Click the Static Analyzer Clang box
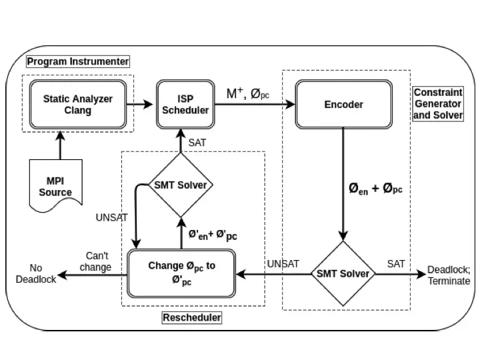(x=78, y=105)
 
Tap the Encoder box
(x=343, y=105)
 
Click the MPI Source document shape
(x=59, y=187)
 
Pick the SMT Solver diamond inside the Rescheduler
(x=180, y=185)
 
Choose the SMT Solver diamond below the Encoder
(x=343, y=274)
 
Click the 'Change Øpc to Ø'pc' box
(x=181, y=273)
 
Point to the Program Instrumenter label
(x=78, y=61)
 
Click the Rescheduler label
(x=192, y=318)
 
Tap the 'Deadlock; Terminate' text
(x=449, y=275)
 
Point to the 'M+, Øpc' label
(x=248, y=94)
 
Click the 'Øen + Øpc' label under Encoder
(x=375, y=189)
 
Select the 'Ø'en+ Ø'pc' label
(x=212, y=235)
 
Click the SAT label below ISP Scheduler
(x=197, y=142)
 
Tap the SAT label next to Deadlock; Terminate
(x=396, y=264)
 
